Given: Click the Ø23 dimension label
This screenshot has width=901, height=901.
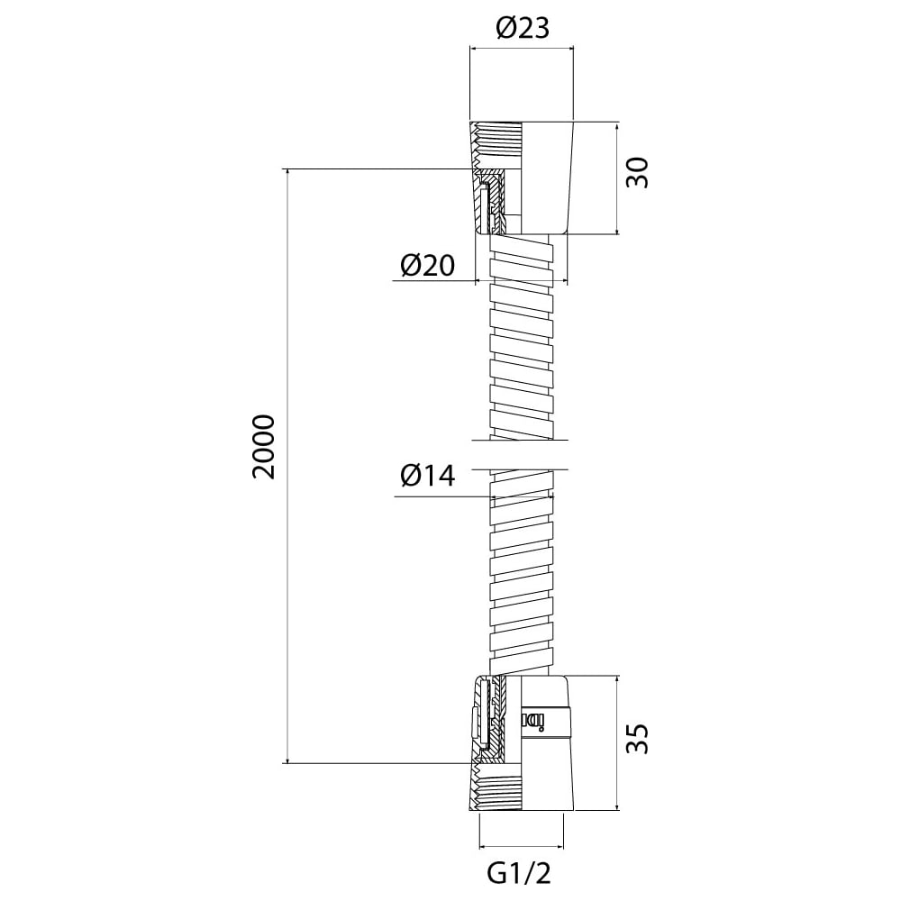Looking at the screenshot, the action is click(x=523, y=28).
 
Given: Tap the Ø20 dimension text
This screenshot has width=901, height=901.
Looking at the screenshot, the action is click(x=427, y=265).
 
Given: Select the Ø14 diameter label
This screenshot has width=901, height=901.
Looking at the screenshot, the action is click(x=427, y=476).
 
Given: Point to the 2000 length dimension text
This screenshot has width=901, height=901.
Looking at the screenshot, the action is click(x=263, y=447).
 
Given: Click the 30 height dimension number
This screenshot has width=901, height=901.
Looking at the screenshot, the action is click(x=637, y=172).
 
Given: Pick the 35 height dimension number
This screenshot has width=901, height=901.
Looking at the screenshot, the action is click(x=637, y=739).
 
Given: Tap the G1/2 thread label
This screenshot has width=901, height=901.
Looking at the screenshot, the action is click(x=519, y=874).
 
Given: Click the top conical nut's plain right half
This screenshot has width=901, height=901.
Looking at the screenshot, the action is click(x=547, y=177).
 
